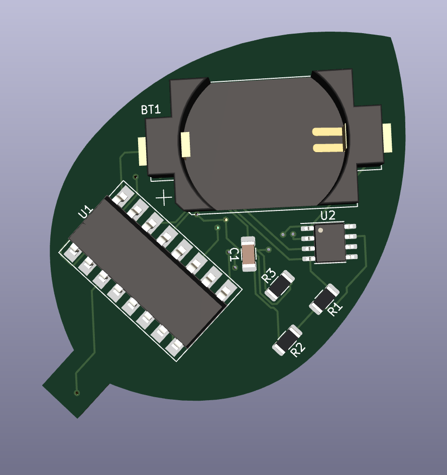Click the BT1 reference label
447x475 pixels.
(151, 109)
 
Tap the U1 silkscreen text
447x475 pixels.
(85, 211)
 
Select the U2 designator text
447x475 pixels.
(328, 215)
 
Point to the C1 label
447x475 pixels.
(234, 255)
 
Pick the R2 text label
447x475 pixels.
(298, 349)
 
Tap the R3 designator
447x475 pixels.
(269, 276)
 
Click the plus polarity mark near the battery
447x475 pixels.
(164, 198)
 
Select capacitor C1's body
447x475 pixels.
(249, 254)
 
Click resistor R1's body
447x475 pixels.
(324, 299)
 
